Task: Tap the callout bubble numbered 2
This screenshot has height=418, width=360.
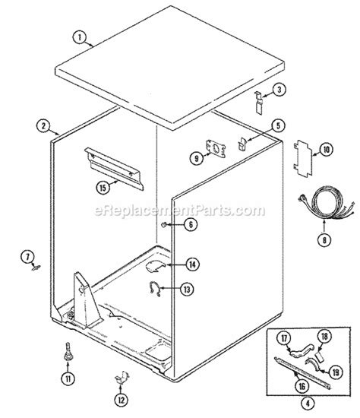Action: pos(46,125)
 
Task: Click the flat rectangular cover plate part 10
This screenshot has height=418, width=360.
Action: pos(302,160)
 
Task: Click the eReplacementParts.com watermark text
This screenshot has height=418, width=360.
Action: pos(180,208)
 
